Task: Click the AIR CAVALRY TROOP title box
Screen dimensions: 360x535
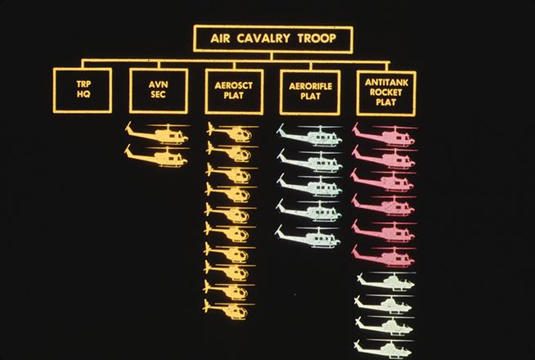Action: click(273, 38)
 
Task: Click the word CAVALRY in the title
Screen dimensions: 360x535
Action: click(272, 38)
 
